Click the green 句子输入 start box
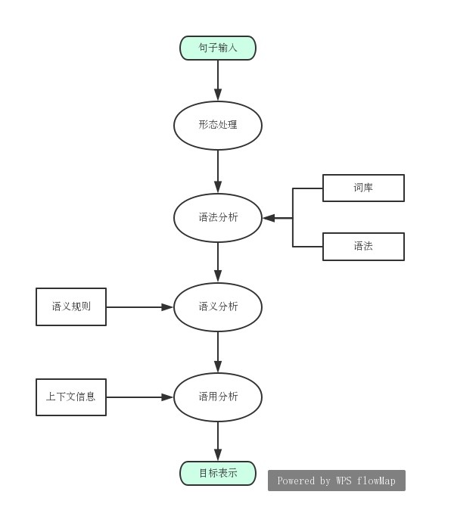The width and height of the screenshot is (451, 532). click(218, 48)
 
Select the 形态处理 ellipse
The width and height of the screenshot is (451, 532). click(218, 125)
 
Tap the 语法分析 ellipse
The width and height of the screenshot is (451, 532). click(218, 218)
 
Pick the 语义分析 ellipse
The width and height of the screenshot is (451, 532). click(218, 307)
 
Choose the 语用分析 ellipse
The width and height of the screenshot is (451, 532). click(218, 397)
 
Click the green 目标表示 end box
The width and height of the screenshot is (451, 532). click(218, 474)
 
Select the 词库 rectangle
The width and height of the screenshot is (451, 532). click(363, 188)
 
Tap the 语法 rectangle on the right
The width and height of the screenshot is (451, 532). click(363, 247)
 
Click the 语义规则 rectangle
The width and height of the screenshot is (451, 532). click(71, 307)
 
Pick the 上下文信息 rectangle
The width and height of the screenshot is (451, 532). click(71, 397)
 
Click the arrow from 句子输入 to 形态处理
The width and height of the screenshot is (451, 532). click(218, 80)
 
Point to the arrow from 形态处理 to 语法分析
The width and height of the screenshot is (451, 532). click(218, 172)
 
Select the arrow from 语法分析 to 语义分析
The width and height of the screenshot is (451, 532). click(218, 262)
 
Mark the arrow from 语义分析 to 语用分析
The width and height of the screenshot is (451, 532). click(218, 352)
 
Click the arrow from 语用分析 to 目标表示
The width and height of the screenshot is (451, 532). click(218, 440)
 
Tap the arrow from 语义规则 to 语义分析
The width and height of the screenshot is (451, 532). click(140, 307)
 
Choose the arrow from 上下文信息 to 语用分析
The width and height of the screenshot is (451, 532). click(140, 397)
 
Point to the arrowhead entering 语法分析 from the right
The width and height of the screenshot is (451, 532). click(269, 218)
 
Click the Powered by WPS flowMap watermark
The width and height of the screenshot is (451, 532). click(337, 481)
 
